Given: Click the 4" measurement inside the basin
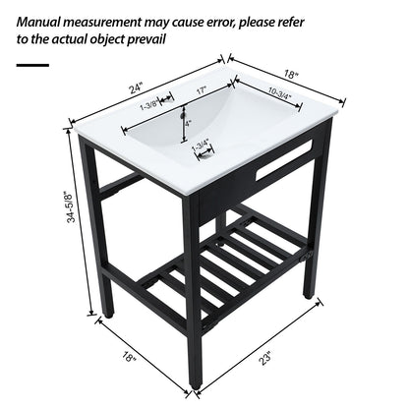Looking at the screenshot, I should (187, 123).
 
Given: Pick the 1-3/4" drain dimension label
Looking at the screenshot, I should (203, 146).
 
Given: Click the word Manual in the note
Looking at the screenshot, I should (45, 19).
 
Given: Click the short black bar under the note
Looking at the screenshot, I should (32, 65).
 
